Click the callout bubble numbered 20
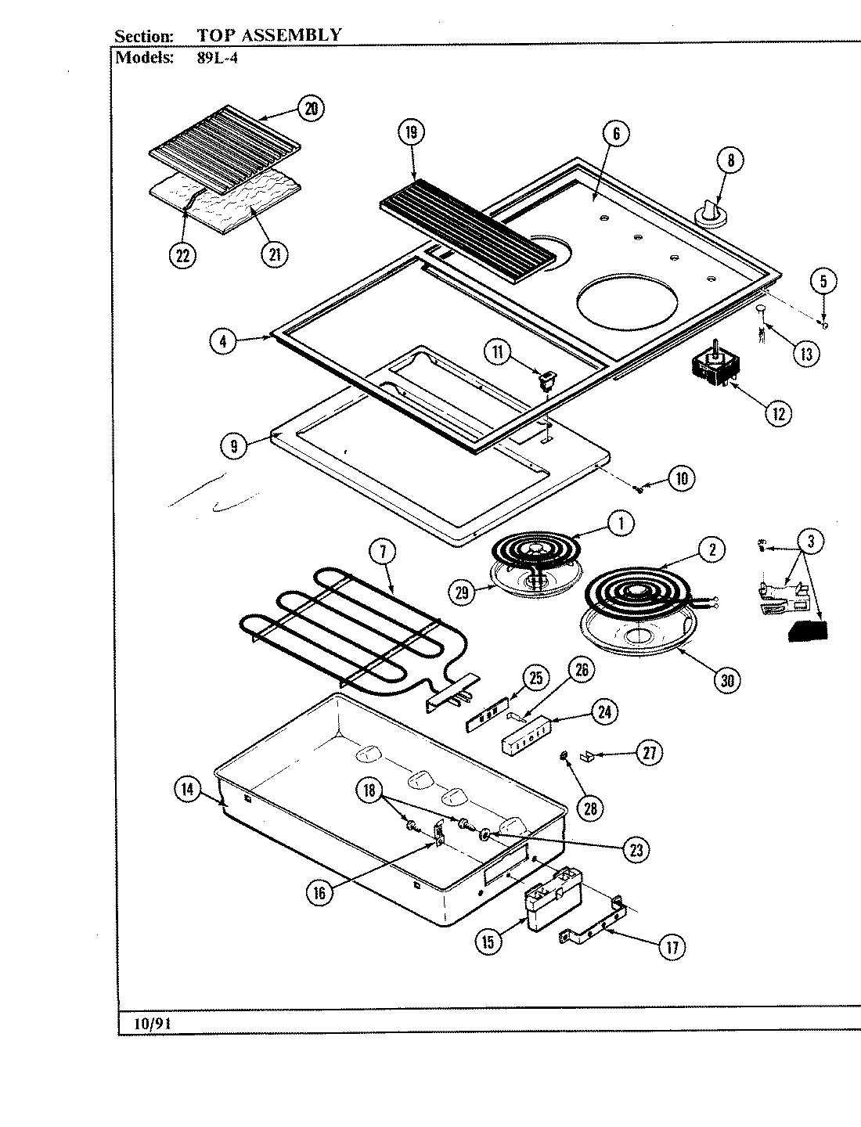[312, 109]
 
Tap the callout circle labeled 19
[410, 133]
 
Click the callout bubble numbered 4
[223, 341]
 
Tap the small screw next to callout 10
[639, 489]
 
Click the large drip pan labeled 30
[637, 626]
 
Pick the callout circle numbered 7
[383, 553]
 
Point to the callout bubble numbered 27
[648, 754]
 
